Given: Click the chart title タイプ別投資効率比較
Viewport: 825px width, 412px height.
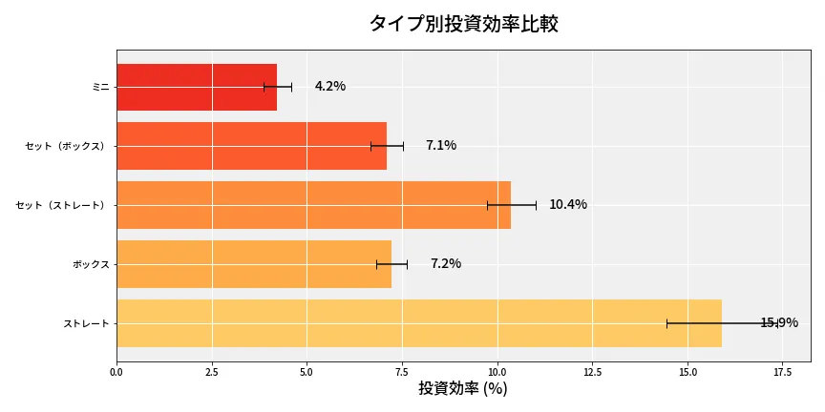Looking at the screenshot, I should click(x=463, y=24).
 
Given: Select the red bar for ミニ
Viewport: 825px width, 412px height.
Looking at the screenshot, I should click(x=197, y=87).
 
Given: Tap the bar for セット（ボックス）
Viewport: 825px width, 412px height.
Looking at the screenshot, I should click(x=251, y=146).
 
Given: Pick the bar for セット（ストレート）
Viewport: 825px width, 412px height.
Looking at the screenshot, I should click(x=313, y=205).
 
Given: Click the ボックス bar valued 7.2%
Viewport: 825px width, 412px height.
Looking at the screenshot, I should click(x=254, y=264).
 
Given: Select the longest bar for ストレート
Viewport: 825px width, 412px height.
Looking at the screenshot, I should click(x=418, y=323).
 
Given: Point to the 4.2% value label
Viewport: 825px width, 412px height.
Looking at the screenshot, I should click(x=330, y=87).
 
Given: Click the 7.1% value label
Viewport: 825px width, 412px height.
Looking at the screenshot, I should click(x=441, y=146).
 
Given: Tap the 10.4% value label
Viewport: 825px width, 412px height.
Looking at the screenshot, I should click(x=568, y=205).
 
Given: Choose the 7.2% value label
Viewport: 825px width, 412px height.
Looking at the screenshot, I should click(x=446, y=264).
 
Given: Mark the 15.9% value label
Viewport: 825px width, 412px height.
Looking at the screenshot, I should click(x=779, y=323).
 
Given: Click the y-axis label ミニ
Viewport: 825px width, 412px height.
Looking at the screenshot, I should click(x=100, y=87).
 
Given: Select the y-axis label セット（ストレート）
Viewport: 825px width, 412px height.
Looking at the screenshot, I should click(x=62, y=205).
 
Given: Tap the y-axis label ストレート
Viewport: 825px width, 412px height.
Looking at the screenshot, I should click(x=86, y=323).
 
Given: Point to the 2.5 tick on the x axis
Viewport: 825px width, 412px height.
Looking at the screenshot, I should click(x=212, y=372).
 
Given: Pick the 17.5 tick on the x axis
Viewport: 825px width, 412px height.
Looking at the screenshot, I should click(x=782, y=372).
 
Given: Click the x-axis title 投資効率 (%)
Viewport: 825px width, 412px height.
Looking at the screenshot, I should click(x=463, y=389).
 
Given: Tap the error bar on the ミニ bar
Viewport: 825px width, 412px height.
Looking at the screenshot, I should click(x=278, y=87).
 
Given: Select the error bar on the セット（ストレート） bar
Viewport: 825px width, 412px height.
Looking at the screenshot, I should click(x=512, y=205).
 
